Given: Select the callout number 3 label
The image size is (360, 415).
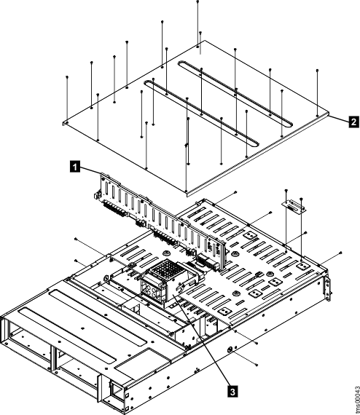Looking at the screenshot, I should pos(232,391).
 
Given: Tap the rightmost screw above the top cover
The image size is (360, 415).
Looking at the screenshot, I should pos(318,71).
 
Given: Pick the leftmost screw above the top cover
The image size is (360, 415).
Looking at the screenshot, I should pos(66,76).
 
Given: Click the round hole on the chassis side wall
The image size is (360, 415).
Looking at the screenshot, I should pos(231,350).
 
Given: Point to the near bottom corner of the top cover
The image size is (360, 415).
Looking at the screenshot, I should pos(187,192).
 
